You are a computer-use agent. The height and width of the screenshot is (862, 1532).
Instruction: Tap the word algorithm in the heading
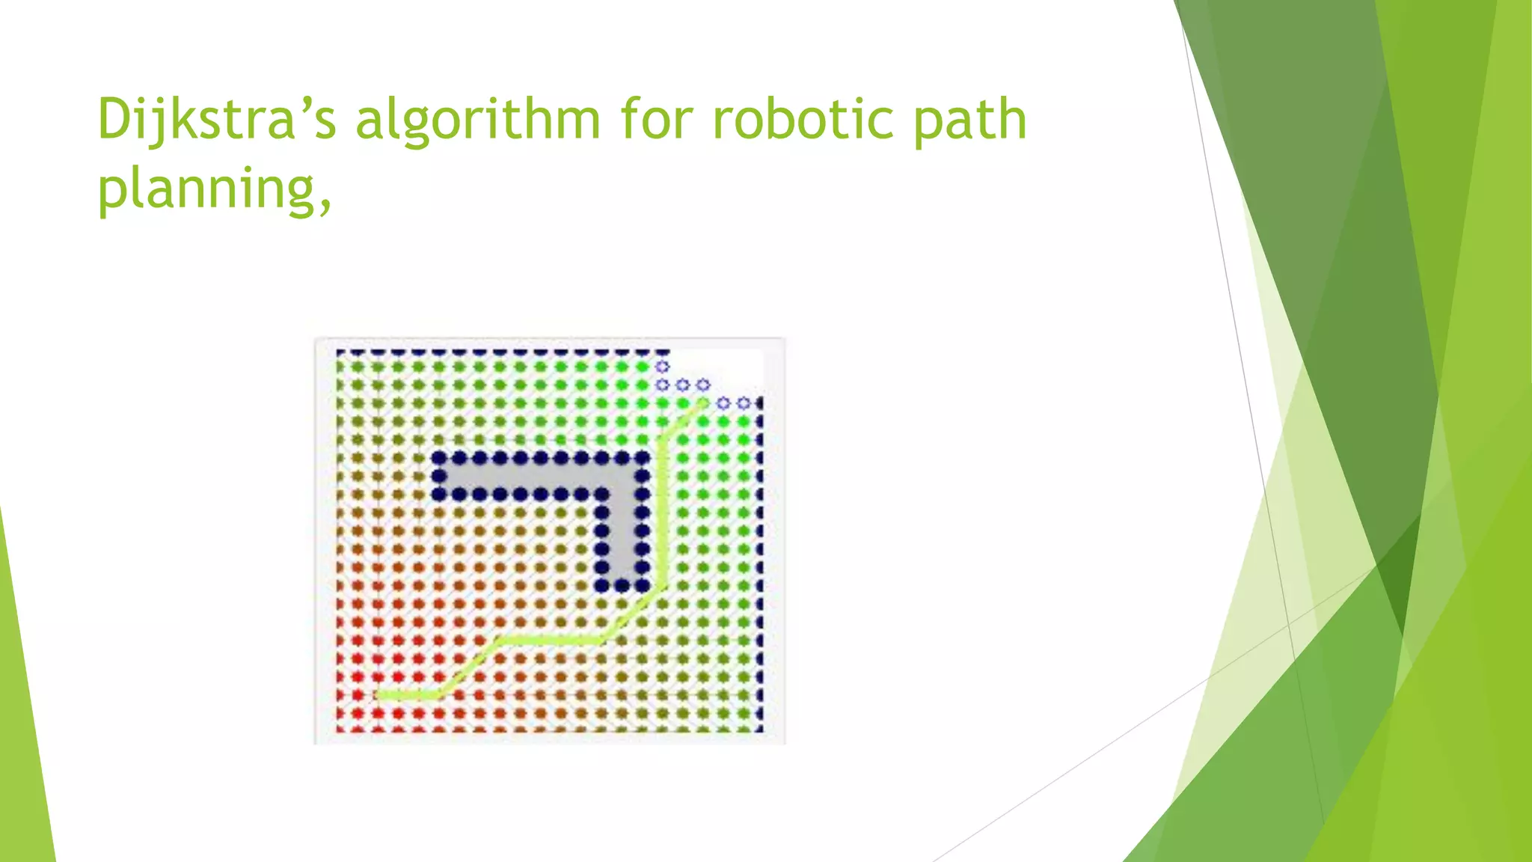tap(477, 120)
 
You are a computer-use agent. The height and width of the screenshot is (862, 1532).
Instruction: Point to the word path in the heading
tap(970, 120)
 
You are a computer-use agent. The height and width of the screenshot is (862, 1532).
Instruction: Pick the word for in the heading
tap(657, 120)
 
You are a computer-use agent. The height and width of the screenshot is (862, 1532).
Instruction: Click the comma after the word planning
tap(325, 204)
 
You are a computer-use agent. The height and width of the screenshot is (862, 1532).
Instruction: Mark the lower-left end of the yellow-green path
tap(379, 696)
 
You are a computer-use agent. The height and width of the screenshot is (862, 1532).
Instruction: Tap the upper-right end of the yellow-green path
tap(702, 404)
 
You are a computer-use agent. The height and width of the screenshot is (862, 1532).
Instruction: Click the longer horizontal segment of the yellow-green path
tap(550, 640)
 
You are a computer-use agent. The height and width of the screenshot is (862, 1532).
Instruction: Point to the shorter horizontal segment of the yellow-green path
tap(408, 696)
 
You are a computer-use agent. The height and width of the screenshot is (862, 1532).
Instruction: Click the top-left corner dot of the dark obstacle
tap(439, 458)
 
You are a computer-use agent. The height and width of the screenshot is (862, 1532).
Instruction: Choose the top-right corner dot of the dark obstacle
tap(642, 458)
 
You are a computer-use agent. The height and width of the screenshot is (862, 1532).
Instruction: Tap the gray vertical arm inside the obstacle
tap(622, 531)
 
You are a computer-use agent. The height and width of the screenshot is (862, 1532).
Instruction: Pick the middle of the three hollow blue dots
tap(682, 385)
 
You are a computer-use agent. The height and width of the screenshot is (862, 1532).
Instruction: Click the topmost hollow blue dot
tap(662, 367)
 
